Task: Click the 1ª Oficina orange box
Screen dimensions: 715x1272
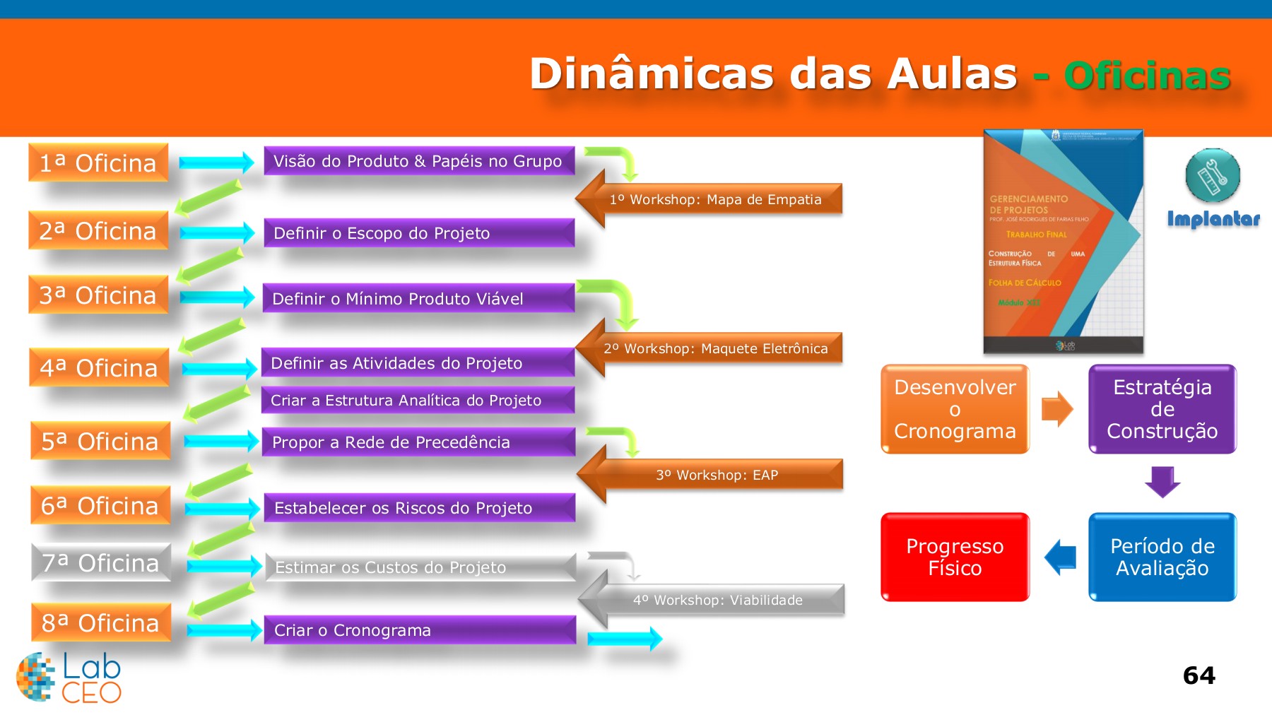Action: point(98,162)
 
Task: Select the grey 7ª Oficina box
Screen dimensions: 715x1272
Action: point(101,562)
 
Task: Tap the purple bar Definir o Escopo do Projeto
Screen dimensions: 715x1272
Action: point(418,233)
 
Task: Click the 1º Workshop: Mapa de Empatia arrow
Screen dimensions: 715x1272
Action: point(714,199)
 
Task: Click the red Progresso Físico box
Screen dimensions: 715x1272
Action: point(955,557)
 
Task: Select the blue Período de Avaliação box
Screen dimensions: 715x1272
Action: point(1162,557)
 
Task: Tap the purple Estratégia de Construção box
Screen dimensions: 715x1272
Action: point(1162,409)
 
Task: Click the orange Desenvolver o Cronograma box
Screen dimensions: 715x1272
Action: point(955,409)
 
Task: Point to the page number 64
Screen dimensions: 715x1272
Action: point(1199,675)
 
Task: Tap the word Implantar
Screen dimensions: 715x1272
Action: point(1213,219)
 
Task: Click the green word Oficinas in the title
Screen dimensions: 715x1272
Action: point(1147,76)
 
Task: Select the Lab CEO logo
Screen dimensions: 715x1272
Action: point(69,677)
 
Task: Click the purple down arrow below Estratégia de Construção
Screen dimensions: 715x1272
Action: point(1162,482)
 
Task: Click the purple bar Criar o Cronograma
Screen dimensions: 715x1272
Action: point(420,630)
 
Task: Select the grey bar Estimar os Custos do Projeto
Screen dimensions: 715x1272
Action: point(420,567)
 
